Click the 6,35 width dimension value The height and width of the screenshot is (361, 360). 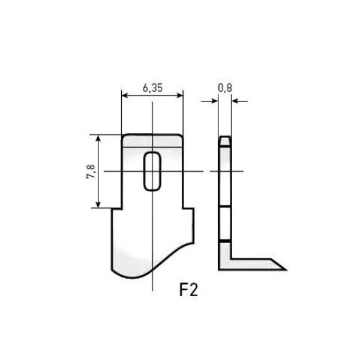(152, 88)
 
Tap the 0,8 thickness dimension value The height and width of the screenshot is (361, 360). (225, 88)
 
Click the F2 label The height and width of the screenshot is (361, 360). (188, 290)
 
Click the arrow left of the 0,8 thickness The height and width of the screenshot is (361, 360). (215, 102)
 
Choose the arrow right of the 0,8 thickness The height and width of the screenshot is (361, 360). (235, 102)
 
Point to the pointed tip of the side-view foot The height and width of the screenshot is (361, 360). (284, 267)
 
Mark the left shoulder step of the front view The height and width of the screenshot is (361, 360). (116, 208)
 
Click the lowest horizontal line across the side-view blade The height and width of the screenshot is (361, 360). (224, 241)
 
